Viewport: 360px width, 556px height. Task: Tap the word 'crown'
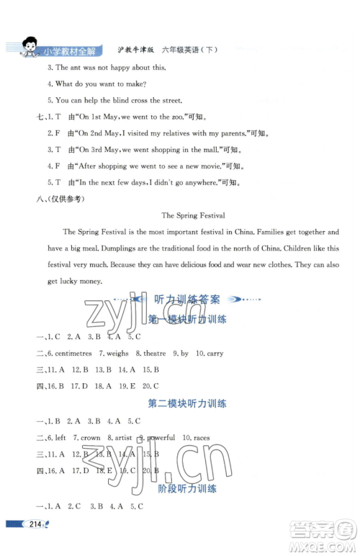click(91, 437)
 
